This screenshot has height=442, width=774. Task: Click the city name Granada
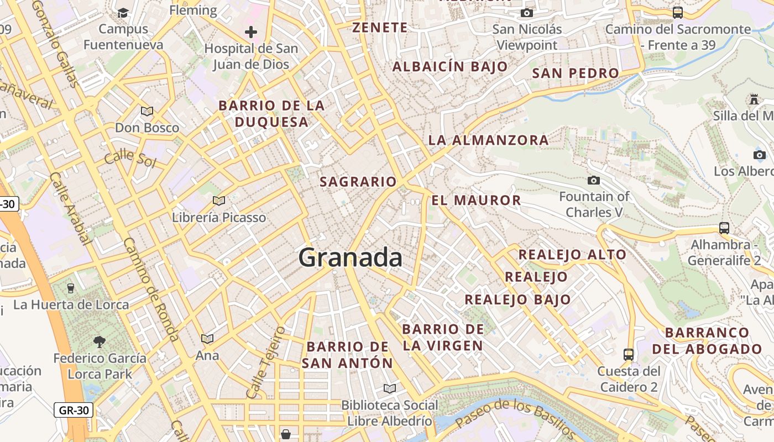coord(351,257)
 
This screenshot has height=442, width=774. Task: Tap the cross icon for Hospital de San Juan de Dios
coord(251,32)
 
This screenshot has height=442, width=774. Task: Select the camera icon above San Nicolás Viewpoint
coord(527,13)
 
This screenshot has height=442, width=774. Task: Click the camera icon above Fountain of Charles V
coord(594,180)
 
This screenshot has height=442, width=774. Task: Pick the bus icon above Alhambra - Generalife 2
coord(724,228)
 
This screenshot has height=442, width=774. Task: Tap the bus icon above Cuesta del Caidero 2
coord(629,354)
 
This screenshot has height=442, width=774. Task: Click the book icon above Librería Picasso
coord(219,201)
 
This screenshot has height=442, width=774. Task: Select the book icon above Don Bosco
coord(147,111)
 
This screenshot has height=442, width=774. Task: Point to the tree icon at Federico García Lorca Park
coord(100,341)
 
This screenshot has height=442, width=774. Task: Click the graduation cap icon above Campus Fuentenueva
coord(123,12)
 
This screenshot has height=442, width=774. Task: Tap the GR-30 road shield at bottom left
coord(74,410)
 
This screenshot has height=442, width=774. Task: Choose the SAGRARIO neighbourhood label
coord(358,181)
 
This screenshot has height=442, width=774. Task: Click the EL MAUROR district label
coord(476,200)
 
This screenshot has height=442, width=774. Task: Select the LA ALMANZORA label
coord(489,140)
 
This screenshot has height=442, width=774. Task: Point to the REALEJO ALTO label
coord(572,255)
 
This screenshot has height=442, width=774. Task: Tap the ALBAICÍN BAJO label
coord(450,67)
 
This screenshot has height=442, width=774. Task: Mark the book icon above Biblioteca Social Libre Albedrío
coord(390,388)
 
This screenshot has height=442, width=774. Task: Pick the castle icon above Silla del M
coord(754,99)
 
